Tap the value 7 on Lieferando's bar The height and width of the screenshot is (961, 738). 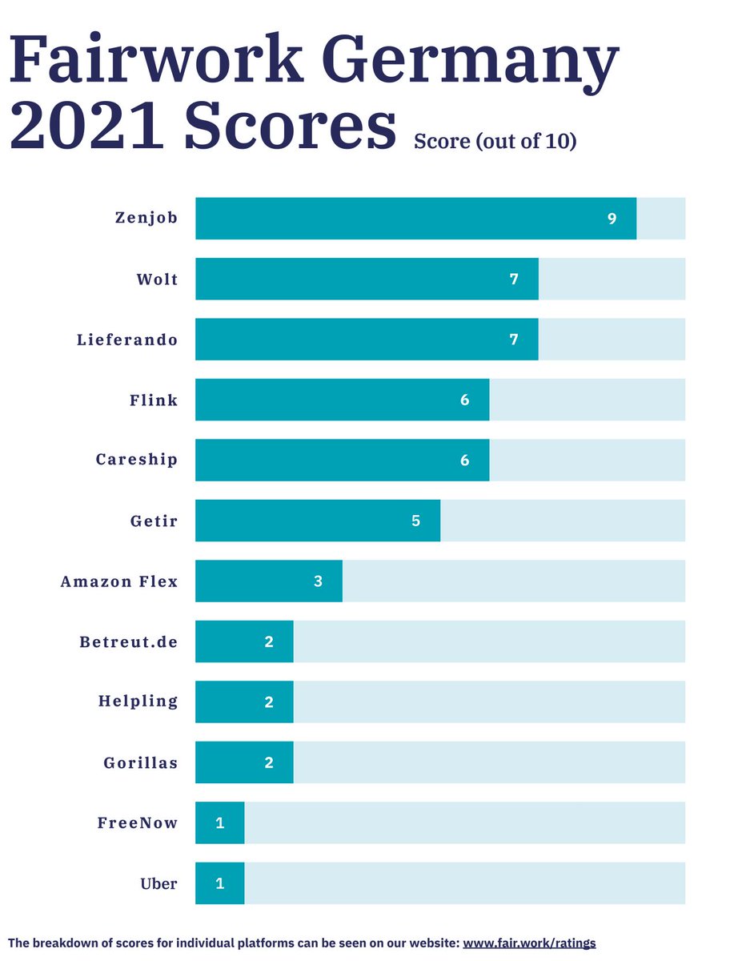[x=514, y=339]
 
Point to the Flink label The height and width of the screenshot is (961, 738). [x=154, y=400]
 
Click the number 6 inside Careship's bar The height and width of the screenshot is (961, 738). [x=464, y=460]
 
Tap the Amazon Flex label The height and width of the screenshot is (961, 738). [x=119, y=581]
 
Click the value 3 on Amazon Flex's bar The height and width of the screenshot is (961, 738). [x=318, y=581]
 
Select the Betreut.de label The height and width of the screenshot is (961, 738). [x=129, y=641]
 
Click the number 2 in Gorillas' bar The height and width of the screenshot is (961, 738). [x=269, y=762]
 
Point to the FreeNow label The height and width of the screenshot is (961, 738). [x=138, y=822]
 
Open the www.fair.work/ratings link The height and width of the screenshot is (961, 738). [x=529, y=943]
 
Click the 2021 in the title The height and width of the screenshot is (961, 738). [x=89, y=127]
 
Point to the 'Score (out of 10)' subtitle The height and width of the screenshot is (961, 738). [x=495, y=141]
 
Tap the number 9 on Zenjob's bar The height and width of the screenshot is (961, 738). [x=612, y=218]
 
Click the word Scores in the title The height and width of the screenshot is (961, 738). [x=290, y=127]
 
